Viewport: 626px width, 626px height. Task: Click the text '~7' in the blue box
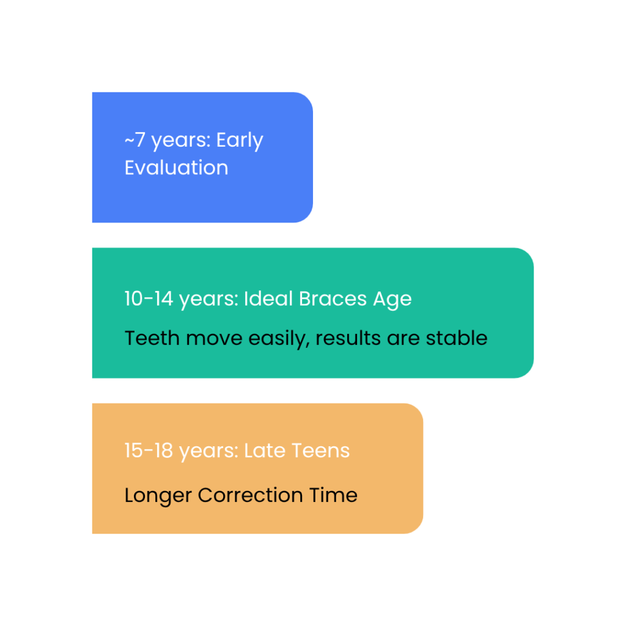pos(135,141)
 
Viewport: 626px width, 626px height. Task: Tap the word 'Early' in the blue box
pos(240,141)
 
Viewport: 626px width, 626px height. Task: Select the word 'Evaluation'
pos(176,168)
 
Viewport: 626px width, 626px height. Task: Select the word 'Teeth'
pos(146,337)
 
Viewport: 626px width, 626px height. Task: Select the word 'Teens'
pos(320,451)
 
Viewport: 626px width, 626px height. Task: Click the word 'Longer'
pos(158,495)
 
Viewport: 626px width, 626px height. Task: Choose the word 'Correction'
pos(249,495)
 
